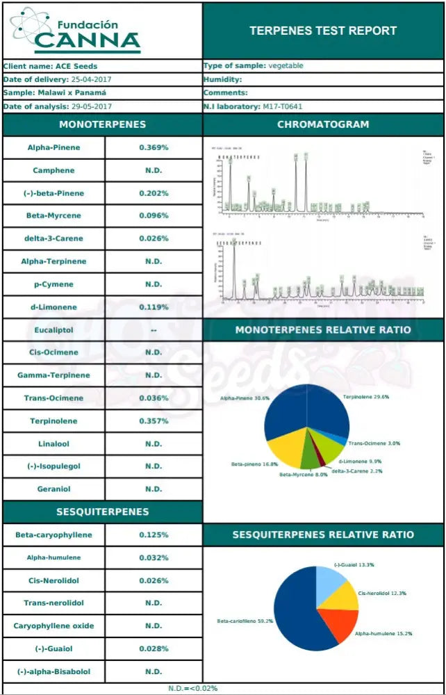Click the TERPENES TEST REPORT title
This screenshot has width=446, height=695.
tap(323, 31)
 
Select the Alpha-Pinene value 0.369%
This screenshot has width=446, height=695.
tap(154, 147)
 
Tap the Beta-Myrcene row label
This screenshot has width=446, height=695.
tap(53, 215)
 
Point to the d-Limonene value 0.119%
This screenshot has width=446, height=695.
tap(154, 306)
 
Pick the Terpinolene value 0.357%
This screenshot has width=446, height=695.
tap(154, 420)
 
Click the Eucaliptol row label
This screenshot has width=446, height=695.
tap(53, 329)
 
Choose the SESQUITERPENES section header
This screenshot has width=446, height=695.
tap(102, 512)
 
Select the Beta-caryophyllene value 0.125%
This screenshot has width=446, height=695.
tap(154, 534)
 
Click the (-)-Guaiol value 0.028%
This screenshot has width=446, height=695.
tap(154, 648)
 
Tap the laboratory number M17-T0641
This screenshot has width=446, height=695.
tap(282, 106)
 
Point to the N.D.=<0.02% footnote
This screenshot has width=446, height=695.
tap(192, 688)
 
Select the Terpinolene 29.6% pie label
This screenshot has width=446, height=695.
tap(365, 398)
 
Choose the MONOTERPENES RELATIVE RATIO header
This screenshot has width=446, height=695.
tap(323, 329)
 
